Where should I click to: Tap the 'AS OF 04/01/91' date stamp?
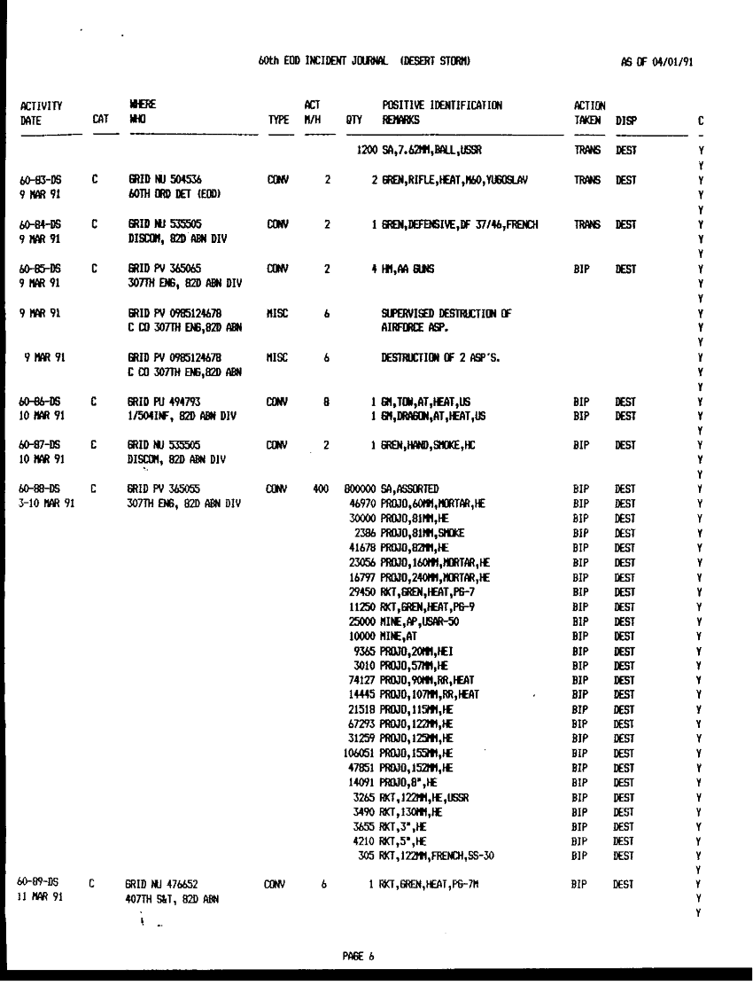click(x=658, y=61)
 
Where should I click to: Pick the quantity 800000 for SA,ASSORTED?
click(x=361, y=488)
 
